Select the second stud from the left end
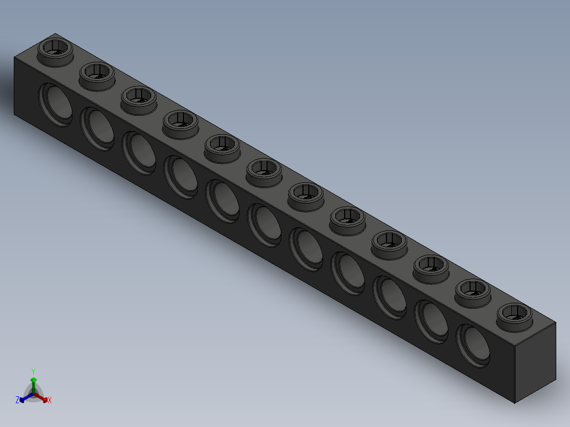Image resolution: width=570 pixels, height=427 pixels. coord(97,75)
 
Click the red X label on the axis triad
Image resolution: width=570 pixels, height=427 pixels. coord(50,401)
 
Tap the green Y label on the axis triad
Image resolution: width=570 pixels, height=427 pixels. coord(33,372)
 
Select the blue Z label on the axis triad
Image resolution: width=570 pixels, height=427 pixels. coord(17,400)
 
